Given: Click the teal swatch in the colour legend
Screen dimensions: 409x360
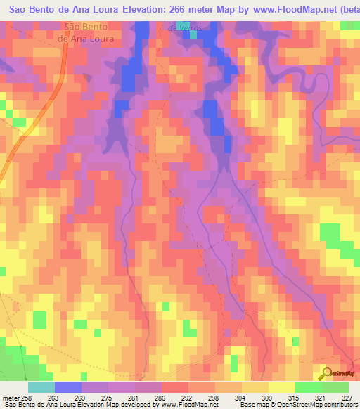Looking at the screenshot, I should tap(41, 387).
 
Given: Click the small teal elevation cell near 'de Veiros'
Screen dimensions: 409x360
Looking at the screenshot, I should tap(191, 33).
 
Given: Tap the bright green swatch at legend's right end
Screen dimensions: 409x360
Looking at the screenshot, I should tap(335, 387).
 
